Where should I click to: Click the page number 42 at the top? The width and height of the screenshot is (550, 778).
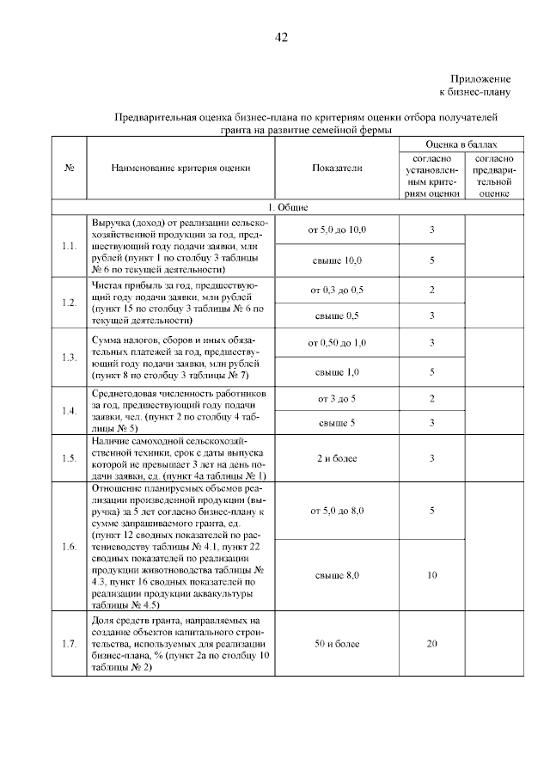[280, 37]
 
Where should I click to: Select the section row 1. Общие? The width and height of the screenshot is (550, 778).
[281, 207]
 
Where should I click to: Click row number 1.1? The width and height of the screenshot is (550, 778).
[70, 246]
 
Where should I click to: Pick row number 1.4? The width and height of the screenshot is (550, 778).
[70, 410]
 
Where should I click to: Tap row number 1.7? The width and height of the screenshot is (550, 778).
[70, 643]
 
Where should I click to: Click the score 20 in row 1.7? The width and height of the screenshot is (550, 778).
[431, 643]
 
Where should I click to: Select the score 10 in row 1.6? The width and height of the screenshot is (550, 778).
[431, 574]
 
